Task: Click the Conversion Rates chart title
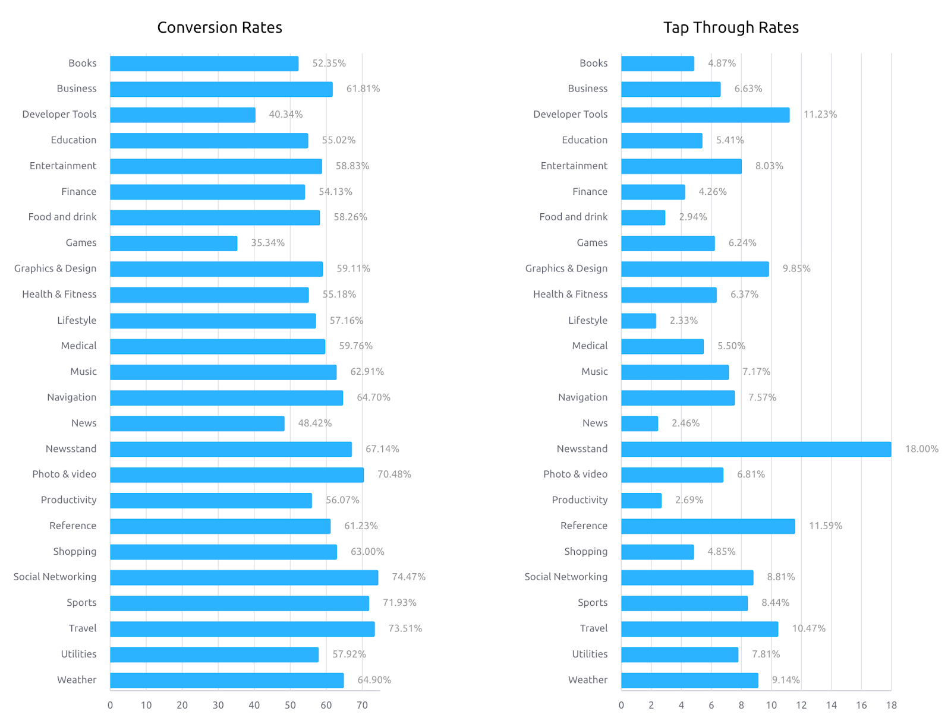coord(219,27)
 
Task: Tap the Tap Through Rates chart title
coord(730,27)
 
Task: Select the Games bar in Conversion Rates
coord(174,243)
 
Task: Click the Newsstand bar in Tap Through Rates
coord(756,449)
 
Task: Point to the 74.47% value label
coord(408,577)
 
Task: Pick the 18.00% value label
coord(921,449)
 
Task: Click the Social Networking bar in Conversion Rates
coord(244,577)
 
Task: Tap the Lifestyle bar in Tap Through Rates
coord(638,321)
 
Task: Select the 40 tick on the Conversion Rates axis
coord(254,705)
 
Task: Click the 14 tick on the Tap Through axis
coord(831,705)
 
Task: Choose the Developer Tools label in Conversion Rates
coord(59,114)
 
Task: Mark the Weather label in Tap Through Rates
coord(588,679)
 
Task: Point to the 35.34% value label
coord(267,242)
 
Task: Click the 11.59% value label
coord(826,526)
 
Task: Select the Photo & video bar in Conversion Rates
coord(237,475)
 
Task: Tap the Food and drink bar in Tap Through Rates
coord(643,217)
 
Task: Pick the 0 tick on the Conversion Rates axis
coord(110,705)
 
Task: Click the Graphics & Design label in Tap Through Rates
coord(566,268)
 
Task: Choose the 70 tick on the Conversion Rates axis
coord(362,705)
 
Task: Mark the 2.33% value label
coord(684,320)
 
